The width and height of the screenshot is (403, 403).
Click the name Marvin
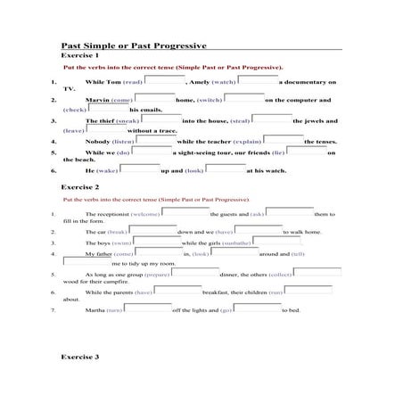(x=97, y=101)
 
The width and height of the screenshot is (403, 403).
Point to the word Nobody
(x=97, y=141)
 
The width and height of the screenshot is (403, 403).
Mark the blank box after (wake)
(x=140, y=168)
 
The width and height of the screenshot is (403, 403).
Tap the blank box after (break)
(x=154, y=230)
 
